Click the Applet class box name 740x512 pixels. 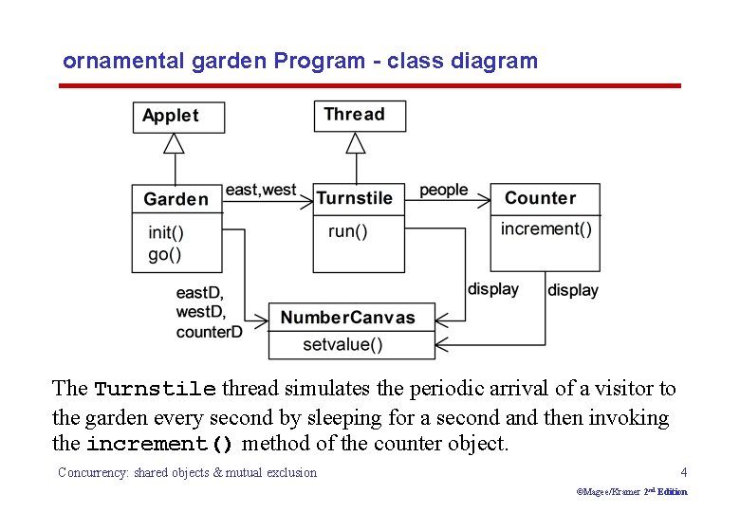point(171,116)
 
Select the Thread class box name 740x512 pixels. point(354,115)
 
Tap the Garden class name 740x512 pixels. point(176,199)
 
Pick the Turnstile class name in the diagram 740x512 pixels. point(354,198)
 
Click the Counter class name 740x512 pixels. point(540,198)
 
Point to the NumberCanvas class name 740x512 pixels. point(347,318)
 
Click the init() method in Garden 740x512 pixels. point(166,232)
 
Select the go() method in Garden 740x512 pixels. point(164,254)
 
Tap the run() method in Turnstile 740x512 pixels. point(347,231)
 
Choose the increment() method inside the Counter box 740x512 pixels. point(546,229)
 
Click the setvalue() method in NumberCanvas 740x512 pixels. point(342,344)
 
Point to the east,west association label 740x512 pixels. point(261,190)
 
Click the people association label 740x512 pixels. point(443,190)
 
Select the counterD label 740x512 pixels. point(209,332)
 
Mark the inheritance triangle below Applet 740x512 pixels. point(173,143)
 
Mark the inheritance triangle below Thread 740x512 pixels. point(356,142)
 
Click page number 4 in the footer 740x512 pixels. point(683,472)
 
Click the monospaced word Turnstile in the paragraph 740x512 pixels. point(155,390)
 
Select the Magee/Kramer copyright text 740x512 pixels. point(631,491)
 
